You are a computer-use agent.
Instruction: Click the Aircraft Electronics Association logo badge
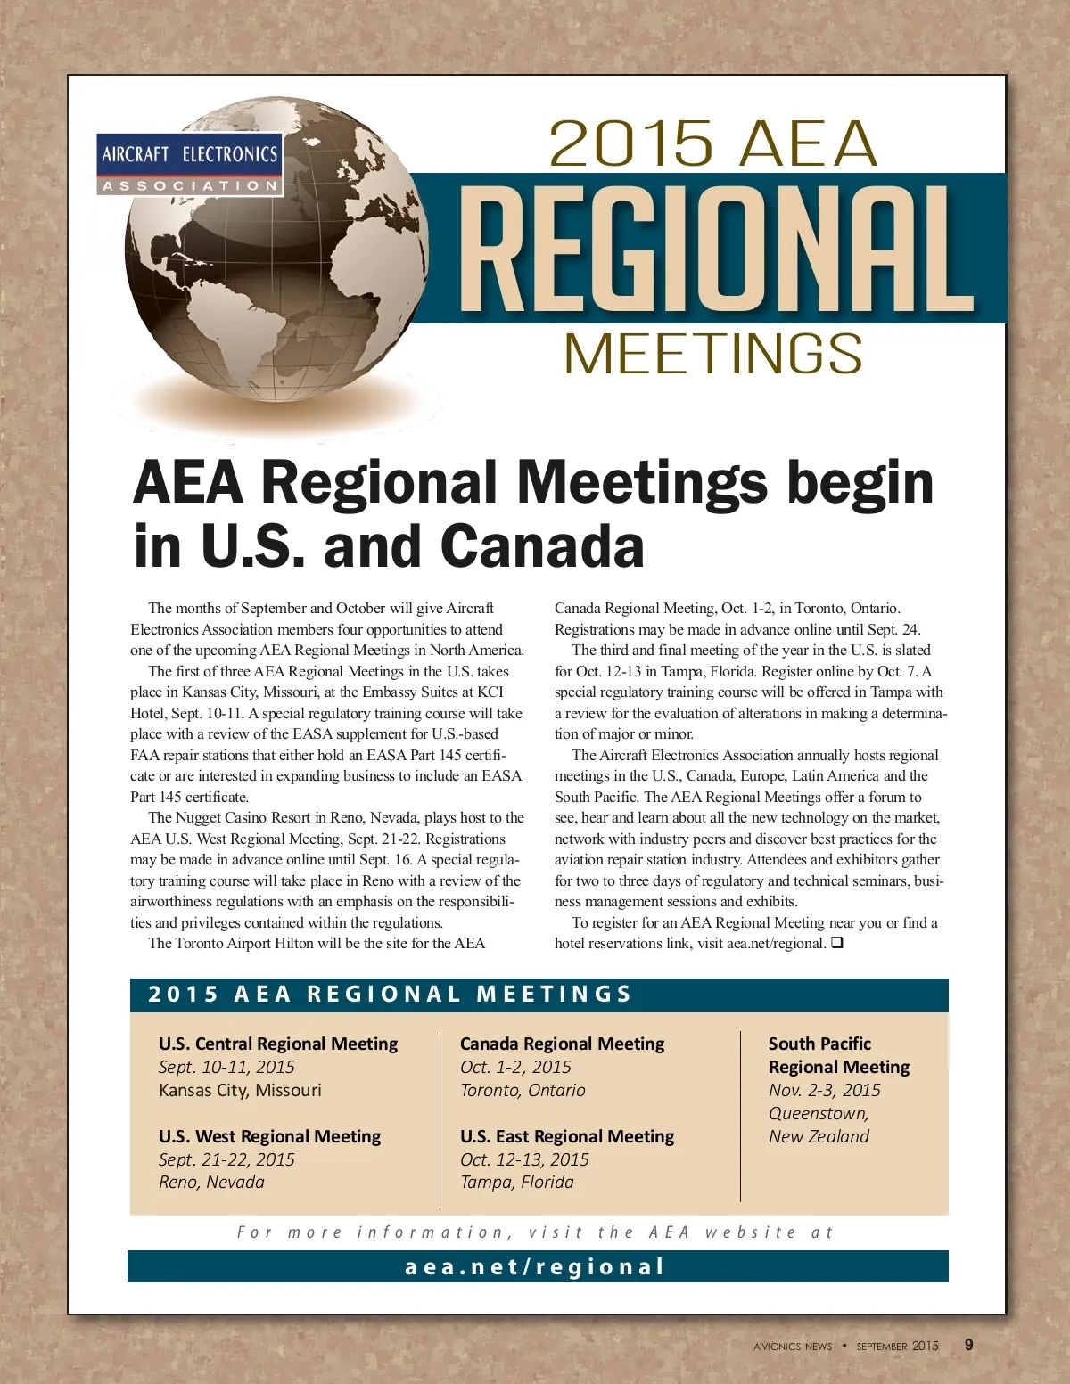point(189,164)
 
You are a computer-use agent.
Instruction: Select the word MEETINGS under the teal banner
point(713,354)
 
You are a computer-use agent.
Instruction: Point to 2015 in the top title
point(630,143)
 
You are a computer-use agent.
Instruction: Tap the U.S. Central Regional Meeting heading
point(278,1044)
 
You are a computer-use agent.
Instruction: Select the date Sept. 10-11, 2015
point(226,1067)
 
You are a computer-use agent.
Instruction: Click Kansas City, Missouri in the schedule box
point(240,1090)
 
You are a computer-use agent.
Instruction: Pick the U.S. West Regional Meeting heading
point(269,1136)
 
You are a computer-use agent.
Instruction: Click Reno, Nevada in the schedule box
point(211,1182)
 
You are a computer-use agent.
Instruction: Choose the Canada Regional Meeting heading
point(562,1044)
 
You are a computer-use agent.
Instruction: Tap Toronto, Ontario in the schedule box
point(523,1090)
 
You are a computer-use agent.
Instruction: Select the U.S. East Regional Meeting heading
point(567,1136)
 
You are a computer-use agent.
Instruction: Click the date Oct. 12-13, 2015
point(524,1159)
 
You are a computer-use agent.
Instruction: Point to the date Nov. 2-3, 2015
point(824,1090)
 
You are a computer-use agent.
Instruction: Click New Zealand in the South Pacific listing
point(819,1136)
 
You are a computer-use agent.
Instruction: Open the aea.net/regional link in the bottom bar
point(535,1266)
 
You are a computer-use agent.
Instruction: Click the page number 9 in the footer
point(969,1345)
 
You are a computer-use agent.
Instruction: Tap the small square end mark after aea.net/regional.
point(836,943)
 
